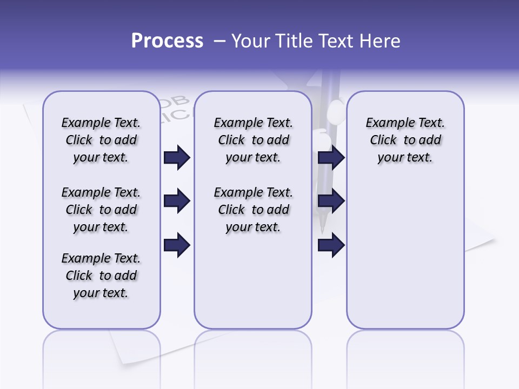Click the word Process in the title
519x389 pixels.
pyautogui.click(x=167, y=41)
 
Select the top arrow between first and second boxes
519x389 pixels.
pyautogui.click(x=177, y=157)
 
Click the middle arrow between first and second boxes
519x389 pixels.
pyautogui.click(x=177, y=201)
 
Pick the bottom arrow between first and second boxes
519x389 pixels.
pyautogui.click(x=177, y=245)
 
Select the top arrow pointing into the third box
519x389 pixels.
pyautogui.click(x=331, y=157)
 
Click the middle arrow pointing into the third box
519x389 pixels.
pyautogui.click(x=331, y=201)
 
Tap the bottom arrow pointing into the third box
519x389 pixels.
pyautogui.click(x=331, y=245)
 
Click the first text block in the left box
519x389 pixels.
pyautogui.click(x=101, y=140)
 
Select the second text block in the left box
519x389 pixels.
pyautogui.click(x=101, y=210)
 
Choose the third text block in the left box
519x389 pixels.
pyautogui.click(x=101, y=276)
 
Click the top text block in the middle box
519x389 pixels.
pyautogui.click(x=253, y=140)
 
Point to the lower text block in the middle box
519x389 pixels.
pyautogui.click(x=253, y=210)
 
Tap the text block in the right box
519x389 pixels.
pyautogui.click(x=405, y=140)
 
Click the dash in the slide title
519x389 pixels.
pyautogui.click(x=219, y=41)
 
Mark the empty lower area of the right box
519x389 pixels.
pyautogui.click(x=405, y=254)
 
